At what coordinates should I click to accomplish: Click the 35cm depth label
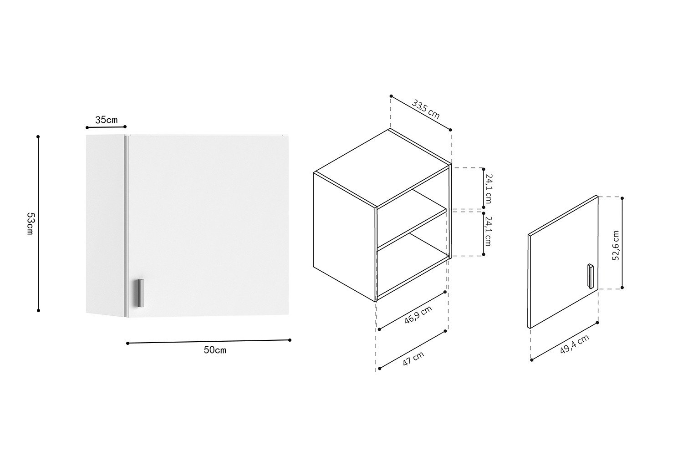point(107,120)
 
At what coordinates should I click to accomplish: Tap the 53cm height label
point(31,224)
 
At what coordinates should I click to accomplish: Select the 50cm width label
point(215,350)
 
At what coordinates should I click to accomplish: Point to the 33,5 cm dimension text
point(426,109)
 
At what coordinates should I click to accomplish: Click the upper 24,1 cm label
point(489,189)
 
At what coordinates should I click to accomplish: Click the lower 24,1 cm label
point(489,231)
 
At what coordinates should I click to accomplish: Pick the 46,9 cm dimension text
point(418,314)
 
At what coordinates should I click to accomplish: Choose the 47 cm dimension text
point(413,359)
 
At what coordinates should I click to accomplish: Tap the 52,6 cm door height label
point(616,245)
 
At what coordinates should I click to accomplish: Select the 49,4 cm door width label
point(575,344)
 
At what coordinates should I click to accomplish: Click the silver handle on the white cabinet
point(141,293)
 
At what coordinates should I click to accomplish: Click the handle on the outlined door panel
point(591,276)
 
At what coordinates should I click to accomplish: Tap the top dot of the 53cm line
point(38,136)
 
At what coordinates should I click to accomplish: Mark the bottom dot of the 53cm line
point(38,311)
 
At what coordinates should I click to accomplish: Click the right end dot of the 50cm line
point(290,340)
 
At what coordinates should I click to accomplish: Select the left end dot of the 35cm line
point(87,128)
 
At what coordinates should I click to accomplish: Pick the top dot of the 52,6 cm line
point(622,198)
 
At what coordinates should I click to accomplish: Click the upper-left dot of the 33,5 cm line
point(391,96)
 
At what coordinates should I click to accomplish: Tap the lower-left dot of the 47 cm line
point(380,369)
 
